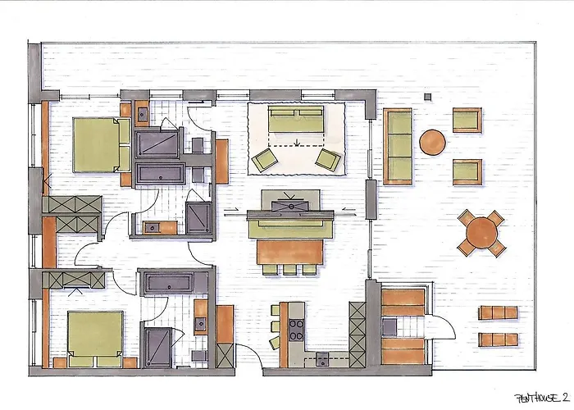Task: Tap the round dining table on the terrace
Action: coord(481,234)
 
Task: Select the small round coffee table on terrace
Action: coord(432,143)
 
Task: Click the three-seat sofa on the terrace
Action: coord(399,145)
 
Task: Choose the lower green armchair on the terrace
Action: coord(466,171)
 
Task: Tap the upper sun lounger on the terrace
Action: coord(498,312)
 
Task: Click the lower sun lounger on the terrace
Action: coord(498,339)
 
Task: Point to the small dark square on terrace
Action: coord(427,97)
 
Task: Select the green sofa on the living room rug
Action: coord(296,120)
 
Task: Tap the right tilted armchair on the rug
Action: coord(327,159)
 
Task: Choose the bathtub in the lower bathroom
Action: coord(170,285)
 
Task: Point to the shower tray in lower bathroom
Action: coord(161,345)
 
